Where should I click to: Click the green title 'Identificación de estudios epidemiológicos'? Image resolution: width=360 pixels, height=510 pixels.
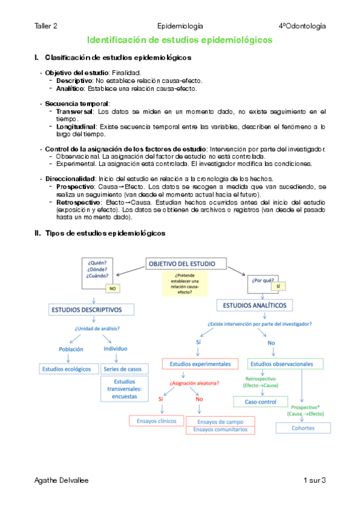[x=180, y=40]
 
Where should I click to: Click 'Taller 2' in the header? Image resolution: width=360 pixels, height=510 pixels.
[x=46, y=26]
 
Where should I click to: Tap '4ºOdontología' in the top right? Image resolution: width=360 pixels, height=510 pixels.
[x=302, y=26]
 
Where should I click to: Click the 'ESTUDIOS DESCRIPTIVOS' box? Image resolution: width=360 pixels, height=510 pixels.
[x=85, y=310]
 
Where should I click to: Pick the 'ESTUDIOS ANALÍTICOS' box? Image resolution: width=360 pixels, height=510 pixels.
[x=255, y=306]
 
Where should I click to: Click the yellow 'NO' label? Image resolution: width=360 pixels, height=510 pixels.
[x=112, y=289]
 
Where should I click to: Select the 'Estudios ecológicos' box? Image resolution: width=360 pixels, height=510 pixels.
[x=66, y=368]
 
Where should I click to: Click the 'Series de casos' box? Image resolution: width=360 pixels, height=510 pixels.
[x=123, y=368]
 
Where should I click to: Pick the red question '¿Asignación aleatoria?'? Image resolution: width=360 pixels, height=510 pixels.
[x=194, y=383]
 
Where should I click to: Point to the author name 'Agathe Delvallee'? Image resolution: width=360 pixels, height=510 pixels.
[x=62, y=480]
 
